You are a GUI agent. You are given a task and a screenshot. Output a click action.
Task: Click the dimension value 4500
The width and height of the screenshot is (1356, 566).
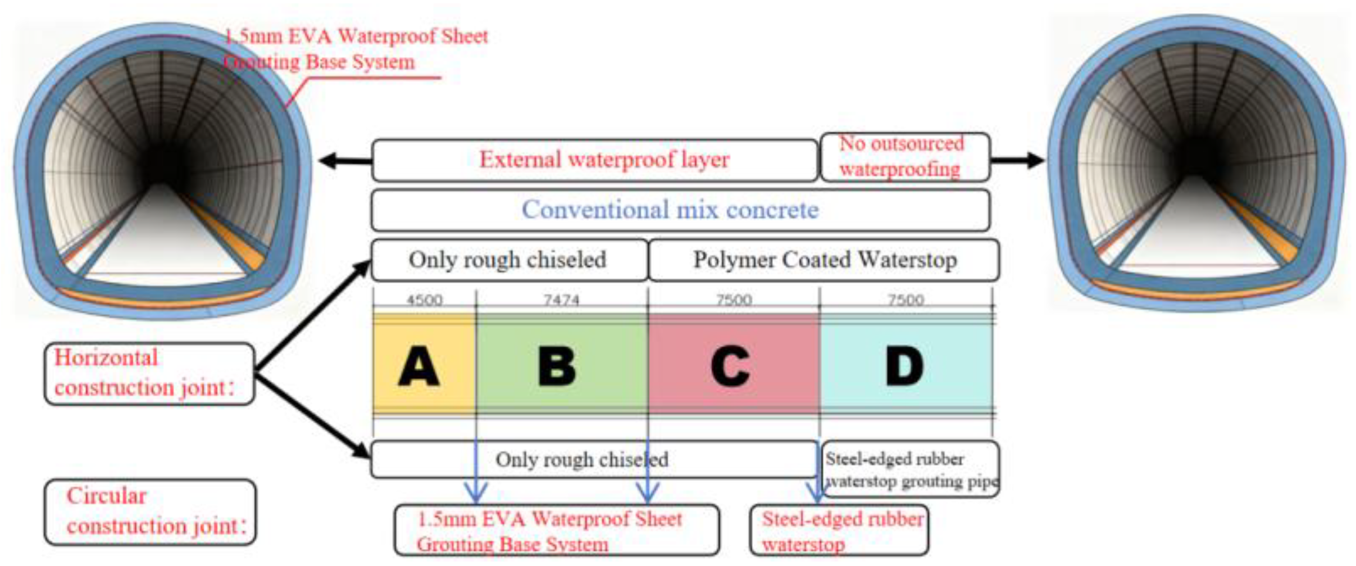tap(424, 300)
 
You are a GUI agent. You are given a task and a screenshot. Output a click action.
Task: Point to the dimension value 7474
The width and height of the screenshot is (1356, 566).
tap(561, 300)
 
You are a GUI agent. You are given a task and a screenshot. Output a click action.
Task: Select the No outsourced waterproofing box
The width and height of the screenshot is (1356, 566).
tap(904, 157)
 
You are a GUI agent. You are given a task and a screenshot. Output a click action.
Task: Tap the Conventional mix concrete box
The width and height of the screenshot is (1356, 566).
tap(680, 210)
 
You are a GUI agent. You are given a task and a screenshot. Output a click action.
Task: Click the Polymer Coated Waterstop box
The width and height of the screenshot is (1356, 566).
tap(824, 260)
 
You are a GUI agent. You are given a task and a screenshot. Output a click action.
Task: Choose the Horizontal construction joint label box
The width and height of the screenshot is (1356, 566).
tap(149, 374)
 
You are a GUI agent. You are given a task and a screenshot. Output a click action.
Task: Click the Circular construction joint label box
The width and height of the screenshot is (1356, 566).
tap(150, 511)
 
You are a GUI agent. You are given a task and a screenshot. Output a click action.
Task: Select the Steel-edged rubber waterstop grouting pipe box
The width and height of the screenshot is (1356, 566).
tap(910, 469)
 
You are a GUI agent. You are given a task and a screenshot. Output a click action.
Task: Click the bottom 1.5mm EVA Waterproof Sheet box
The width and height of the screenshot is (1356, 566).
tap(556, 531)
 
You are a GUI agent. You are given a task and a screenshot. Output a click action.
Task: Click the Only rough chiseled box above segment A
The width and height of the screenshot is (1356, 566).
tap(508, 260)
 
